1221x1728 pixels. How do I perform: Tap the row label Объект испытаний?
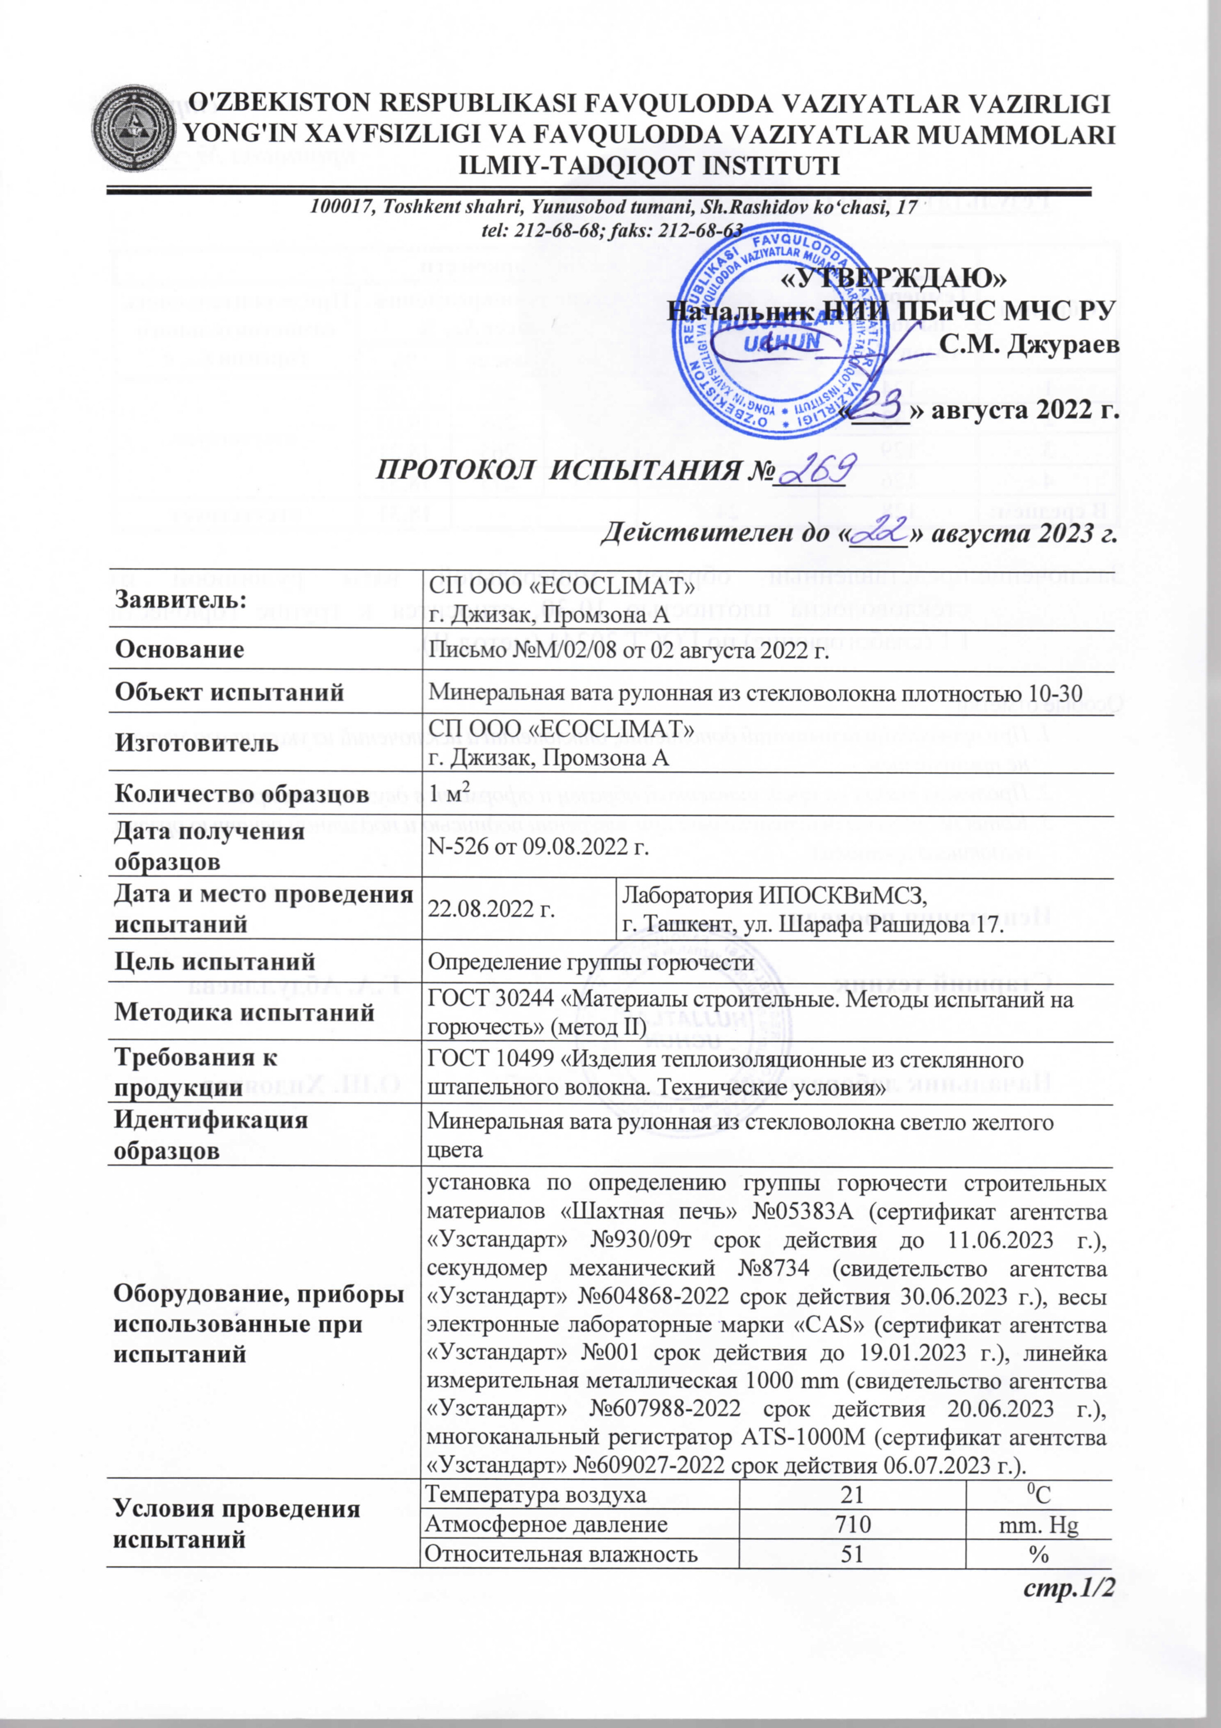click(229, 693)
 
